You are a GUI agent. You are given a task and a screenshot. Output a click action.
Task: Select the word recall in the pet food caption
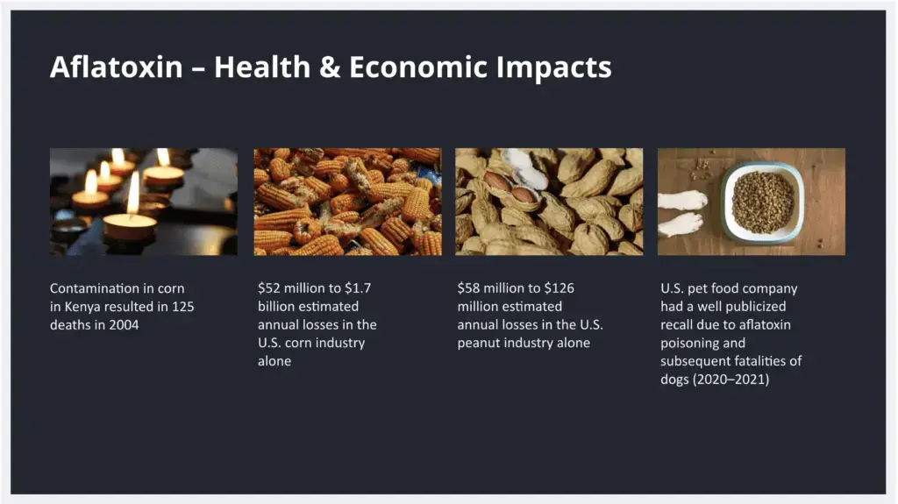(680, 324)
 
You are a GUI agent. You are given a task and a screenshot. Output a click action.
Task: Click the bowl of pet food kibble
(762, 201)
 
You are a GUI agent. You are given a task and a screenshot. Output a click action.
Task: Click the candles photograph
(143, 201)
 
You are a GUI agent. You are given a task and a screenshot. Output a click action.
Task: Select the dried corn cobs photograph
(347, 201)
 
